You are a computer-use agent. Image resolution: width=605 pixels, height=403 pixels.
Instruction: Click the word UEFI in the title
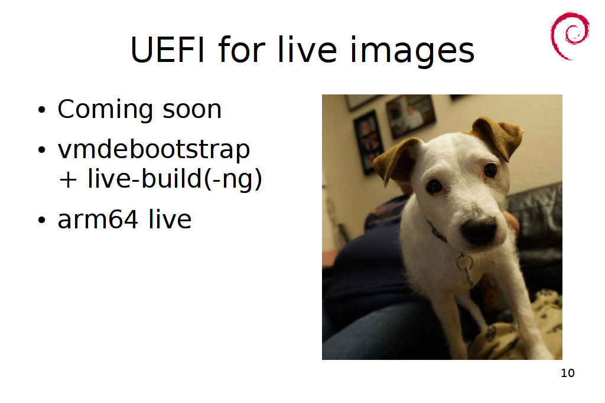[x=167, y=50]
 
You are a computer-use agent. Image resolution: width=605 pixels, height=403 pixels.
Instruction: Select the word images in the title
[x=412, y=51]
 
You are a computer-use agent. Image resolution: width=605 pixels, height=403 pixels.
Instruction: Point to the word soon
[x=192, y=110]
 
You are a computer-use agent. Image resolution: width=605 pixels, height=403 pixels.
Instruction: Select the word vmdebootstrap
[x=154, y=150]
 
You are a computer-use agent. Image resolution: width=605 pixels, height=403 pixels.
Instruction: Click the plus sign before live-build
[x=68, y=179]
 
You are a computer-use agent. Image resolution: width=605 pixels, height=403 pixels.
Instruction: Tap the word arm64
[x=98, y=219]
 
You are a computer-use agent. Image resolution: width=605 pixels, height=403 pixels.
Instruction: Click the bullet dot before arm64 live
[x=42, y=220]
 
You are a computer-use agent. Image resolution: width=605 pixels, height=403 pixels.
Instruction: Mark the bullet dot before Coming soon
[x=42, y=110]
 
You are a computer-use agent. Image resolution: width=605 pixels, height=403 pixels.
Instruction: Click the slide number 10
[x=568, y=373]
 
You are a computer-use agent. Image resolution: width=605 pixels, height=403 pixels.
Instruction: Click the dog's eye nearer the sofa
[x=490, y=169]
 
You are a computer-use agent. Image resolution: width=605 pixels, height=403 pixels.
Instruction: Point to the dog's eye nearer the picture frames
[x=434, y=186]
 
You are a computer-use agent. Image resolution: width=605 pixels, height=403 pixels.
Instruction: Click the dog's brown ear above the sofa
[x=497, y=136]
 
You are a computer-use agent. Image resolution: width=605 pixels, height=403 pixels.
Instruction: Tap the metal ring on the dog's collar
[x=464, y=263]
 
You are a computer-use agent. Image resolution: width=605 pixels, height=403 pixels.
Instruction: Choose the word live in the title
[x=307, y=50]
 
